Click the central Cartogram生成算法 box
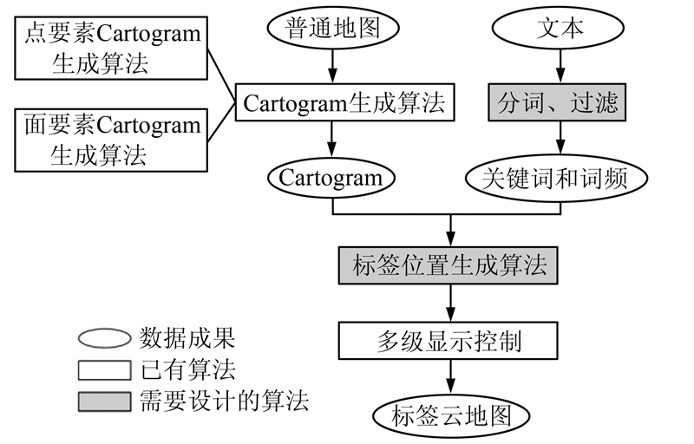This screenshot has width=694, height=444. [x=344, y=103]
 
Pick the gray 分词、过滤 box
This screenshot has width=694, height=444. [x=558, y=103]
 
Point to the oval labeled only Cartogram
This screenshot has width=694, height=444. [x=331, y=179]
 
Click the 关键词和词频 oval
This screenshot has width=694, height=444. [x=558, y=179]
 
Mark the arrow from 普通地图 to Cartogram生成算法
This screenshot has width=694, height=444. [x=331, y=66]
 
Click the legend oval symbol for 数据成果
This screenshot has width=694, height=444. [x=105, y=337]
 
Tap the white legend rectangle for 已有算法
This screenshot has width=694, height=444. [x=105, y=370]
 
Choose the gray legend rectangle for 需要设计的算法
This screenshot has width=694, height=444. [x=105, y=402]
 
